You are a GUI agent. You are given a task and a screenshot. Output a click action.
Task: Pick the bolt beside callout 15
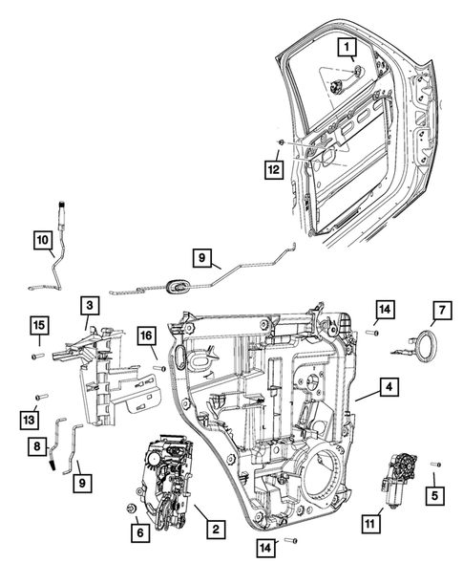pos(37,356)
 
